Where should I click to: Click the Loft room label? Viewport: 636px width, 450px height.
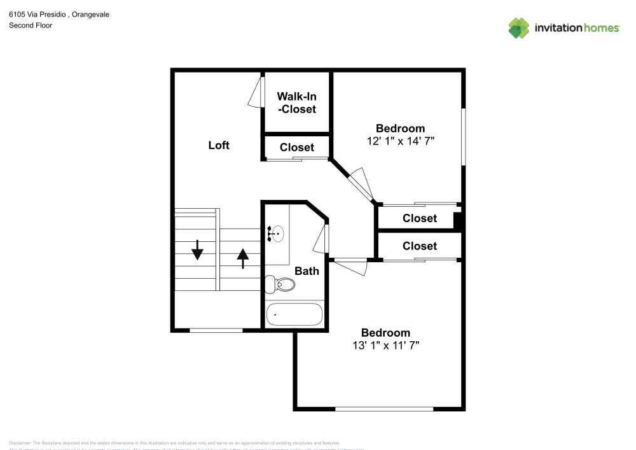tap(219, 145)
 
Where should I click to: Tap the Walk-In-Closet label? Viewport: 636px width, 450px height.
tap(296, 102)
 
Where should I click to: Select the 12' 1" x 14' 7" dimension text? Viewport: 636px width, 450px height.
tap(400, 141)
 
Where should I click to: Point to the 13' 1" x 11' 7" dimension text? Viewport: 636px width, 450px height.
tap(385, 345)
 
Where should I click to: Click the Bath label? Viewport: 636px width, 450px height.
tap(307, 271)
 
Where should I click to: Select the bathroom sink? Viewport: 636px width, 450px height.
tap(276, 234)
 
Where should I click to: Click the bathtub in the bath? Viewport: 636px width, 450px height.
tap(294, 314)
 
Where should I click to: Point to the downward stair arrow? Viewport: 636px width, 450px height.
tap(197, 250)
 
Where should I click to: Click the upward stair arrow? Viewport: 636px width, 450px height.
tap(242, 258)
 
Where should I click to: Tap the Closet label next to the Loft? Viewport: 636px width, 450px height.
tap(297, 147)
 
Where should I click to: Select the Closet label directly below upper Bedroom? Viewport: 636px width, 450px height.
tap(420, 218)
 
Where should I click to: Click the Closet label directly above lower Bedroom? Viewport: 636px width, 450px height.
tap(420, 246)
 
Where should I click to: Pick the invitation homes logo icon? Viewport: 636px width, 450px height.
tap(519, 27)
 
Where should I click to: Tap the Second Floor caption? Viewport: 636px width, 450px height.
tap(31, 25)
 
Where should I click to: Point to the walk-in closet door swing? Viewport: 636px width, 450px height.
tap(256, 94)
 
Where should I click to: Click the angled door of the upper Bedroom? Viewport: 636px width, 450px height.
tap(361, 183)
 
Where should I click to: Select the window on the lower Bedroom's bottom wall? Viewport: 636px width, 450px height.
tap(384, 409)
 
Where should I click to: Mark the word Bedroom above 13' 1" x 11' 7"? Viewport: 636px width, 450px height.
tap(385, 332)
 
